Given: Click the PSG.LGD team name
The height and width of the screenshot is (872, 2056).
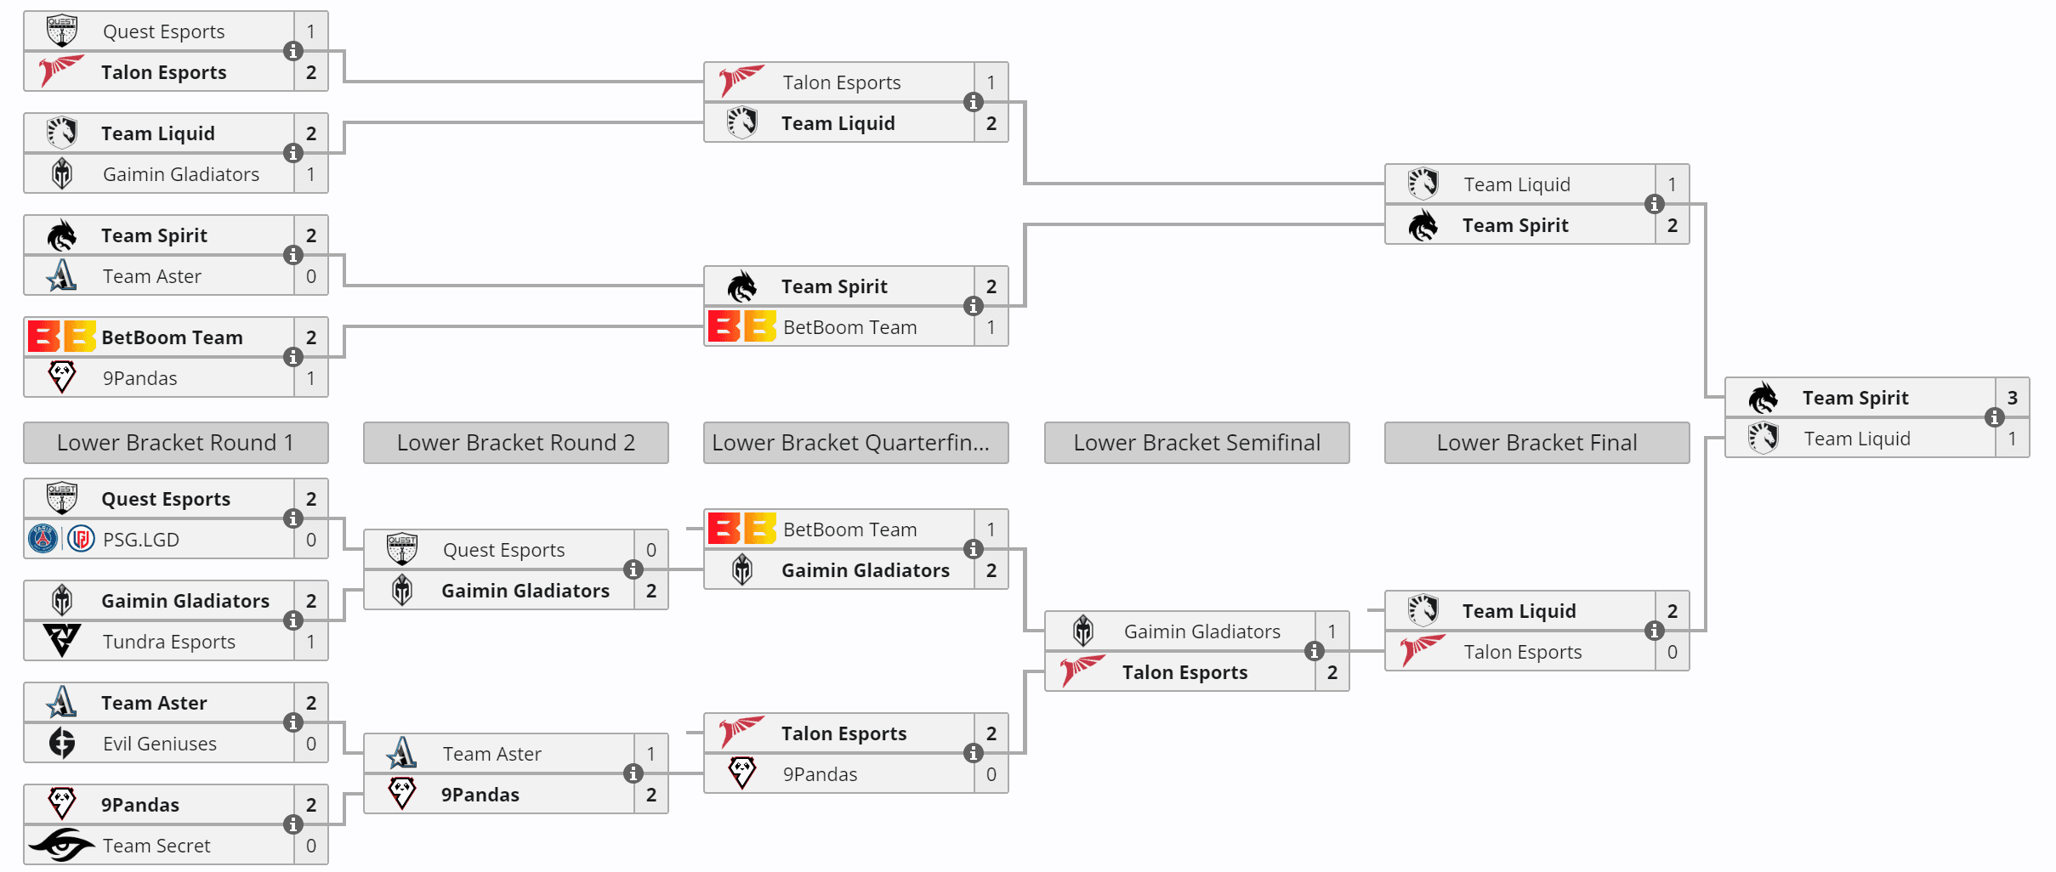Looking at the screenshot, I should (140, 540).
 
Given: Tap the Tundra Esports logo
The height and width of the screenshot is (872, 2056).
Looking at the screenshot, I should (62, 641).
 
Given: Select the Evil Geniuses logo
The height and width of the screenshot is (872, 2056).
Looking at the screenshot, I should (62, 743).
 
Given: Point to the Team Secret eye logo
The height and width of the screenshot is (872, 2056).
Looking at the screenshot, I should (61, 845).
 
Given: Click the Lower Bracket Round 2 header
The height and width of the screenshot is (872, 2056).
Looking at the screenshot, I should (515, 443).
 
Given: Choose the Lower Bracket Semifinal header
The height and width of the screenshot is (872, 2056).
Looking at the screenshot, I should (1196, 443).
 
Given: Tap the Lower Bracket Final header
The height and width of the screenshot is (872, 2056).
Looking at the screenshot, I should (1536, 443).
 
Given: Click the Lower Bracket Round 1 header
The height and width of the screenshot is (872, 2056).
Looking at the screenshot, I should (175, 443).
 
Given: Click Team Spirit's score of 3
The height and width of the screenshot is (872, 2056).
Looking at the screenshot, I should (2012, 398).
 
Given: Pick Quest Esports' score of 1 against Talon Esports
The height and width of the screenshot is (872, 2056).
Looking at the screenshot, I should (311, 31).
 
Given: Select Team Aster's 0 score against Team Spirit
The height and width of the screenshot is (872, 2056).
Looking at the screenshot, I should (311, 276).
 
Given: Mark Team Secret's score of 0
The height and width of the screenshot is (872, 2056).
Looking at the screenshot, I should (311, 846).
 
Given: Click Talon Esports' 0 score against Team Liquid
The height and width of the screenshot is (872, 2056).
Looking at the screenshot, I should (1672, 652).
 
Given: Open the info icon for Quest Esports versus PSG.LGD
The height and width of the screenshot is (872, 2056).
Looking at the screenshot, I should (293, 518).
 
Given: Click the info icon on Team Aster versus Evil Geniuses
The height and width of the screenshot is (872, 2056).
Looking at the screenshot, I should (293, 722).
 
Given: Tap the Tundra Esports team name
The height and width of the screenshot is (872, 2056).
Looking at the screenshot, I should (168, 642).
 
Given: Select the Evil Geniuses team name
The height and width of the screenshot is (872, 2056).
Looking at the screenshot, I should (159, 744).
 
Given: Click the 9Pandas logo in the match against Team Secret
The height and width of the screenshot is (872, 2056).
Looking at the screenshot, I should (62, 802).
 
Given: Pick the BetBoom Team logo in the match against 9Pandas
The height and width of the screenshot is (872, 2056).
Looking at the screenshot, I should (62, 337).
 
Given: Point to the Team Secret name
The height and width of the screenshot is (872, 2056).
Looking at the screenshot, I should (156, 846).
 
